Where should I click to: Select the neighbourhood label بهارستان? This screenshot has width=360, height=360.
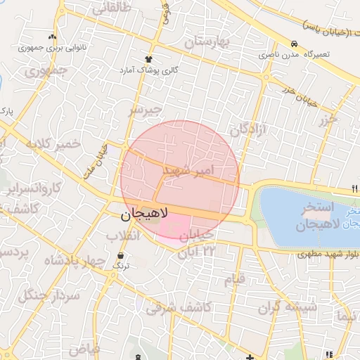click(x=207, y=41)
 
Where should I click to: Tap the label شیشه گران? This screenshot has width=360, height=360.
click(x=288, y=307)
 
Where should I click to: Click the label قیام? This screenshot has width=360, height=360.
click(x=235, y=280)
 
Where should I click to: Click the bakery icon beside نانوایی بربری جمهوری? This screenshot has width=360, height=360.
click(x=51, y=38)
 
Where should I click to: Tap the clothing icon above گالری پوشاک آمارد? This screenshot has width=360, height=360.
click(x=148, y=59)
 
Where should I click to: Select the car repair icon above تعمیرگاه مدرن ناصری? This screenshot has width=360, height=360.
click(x=292, y=43)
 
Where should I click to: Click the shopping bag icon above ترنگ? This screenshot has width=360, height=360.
click(x=122, y=255)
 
